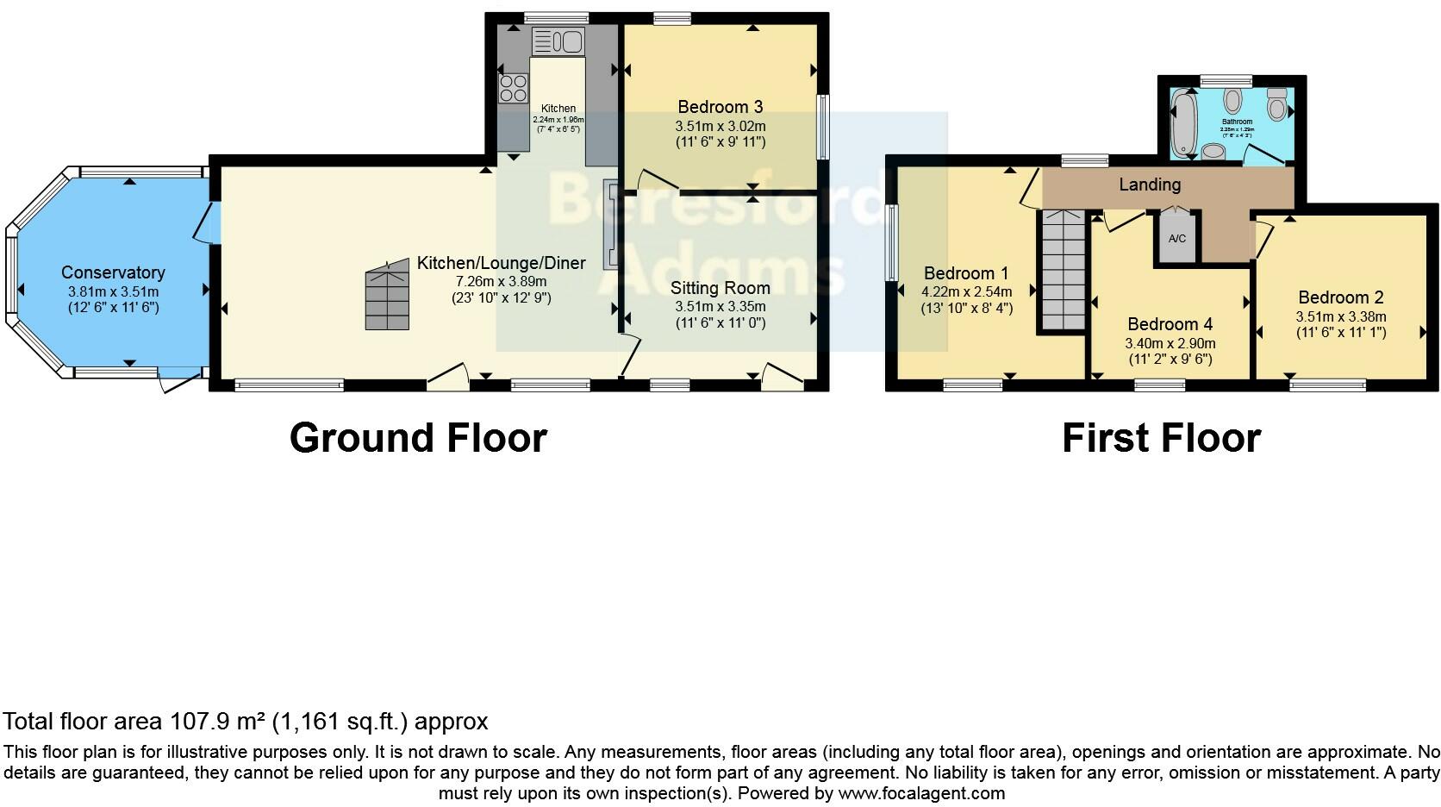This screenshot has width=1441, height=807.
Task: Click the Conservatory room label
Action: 113,272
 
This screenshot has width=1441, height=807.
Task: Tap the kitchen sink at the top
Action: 558,41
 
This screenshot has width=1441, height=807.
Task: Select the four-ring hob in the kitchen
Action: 514,87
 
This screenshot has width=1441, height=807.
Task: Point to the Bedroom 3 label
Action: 720,107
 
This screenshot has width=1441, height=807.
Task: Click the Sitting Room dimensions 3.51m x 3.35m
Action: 720,306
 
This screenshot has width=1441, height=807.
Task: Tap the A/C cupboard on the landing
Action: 1176,237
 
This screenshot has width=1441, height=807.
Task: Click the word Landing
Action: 1150,185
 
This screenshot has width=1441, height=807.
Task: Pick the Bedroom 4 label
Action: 1170,324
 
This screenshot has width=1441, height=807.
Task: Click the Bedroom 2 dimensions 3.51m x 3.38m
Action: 1341,316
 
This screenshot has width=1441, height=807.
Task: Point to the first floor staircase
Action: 1061,270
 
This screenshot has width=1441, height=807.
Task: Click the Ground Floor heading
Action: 418,437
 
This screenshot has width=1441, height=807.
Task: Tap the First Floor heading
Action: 1161,437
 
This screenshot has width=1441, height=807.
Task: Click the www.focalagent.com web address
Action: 921,792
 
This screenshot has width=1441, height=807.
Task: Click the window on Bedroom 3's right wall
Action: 822,127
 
